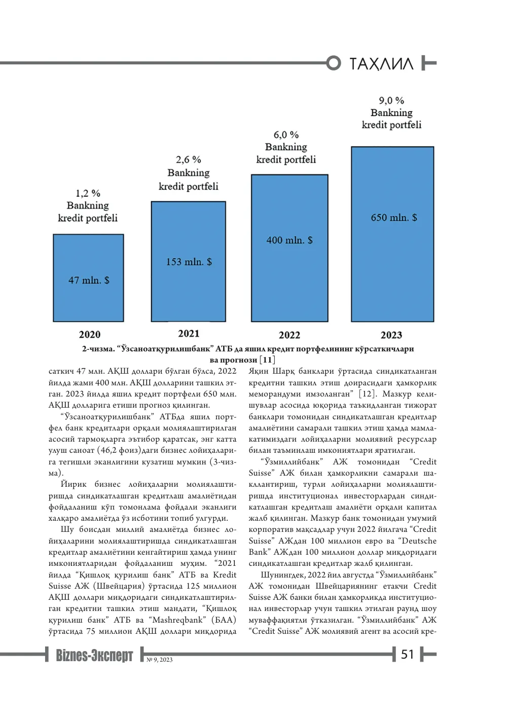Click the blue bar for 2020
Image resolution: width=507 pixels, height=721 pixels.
pyautogui.click(x=88, y=278)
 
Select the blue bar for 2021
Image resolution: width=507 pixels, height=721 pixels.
pyautogui.click(x=188, y=261)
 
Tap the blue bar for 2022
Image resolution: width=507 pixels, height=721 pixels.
pyautogui.click(x=289, y=248)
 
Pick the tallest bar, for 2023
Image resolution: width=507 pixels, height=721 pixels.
pyautogui.click(x=392, y=234)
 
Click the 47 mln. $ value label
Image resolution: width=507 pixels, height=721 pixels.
pyautogui.click(x=89, y=280)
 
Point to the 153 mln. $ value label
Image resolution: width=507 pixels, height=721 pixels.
pyautogui.click(x=189, y=262)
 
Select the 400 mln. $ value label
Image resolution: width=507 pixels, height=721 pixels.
pyautogui.click(x=289, y=240)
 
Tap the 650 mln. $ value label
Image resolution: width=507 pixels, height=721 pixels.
pyautogui.click(x=394, y=218)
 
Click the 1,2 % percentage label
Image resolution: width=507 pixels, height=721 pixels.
pyautogui.click(x=88, y=193)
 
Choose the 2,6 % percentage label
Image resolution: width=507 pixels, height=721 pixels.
pyautogui.click(x=188, y=160)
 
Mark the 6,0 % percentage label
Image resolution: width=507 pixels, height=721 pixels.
pyautogui.click(x=286, y=134)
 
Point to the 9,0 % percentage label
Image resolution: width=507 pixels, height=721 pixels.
pyautogui.click(x=391, y=101)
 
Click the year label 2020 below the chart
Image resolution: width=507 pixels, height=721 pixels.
pyautogui.click(x=90, y=335)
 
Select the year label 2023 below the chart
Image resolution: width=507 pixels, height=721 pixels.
pyautogui.click(x=391, y=335)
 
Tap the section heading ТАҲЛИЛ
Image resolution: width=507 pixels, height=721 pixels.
pyautogui.click(x=381, y=64)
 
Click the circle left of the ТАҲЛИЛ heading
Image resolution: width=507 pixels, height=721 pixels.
pyautogui.click(x=334, y=63)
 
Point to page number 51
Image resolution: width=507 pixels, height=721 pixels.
pyautogui.click(x=407, y=655)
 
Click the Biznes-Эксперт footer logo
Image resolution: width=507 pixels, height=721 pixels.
pyautogui.click(x=94, y=655)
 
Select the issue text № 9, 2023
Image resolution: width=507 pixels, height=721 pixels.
pyautogui.click(x=160, y=660)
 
